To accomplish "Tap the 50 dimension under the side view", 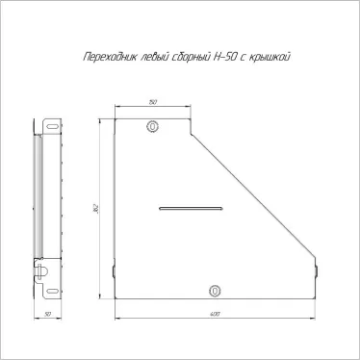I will tap(48, 314).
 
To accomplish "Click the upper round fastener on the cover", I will tap(152, 126).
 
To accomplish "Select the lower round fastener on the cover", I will tap(215, 291).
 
